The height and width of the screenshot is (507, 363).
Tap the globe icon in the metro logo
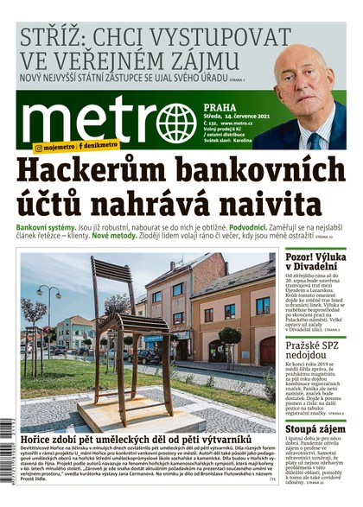tap(176, 122)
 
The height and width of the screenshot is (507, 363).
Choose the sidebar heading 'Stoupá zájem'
tap(315, 428)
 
